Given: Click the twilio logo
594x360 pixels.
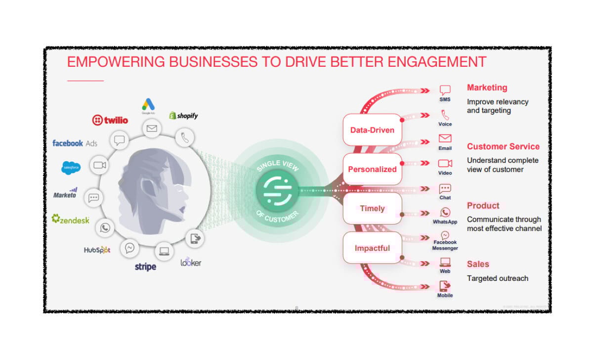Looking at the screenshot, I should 110,120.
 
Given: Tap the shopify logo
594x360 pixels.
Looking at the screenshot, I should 183,115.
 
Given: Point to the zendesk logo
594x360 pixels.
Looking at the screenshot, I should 71,219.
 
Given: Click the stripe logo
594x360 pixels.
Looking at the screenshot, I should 145,267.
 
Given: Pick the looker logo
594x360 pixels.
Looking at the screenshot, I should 191,262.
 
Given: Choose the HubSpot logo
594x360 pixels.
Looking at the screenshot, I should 97,250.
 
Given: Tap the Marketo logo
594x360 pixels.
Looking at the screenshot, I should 65,193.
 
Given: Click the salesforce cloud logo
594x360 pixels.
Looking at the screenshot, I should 71,168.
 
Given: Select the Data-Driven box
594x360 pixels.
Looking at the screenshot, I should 372,130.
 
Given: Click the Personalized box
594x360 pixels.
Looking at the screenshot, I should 372,169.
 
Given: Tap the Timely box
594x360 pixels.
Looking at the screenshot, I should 372,208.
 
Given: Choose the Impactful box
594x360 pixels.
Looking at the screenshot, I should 372,248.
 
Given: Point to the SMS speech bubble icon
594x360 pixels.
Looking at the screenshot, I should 445,90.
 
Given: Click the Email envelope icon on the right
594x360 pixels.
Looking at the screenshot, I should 445,138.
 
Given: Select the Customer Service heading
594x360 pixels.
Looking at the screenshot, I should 503,146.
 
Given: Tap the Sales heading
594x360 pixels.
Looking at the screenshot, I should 478,264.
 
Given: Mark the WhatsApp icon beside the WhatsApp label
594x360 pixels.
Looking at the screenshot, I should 445,212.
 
